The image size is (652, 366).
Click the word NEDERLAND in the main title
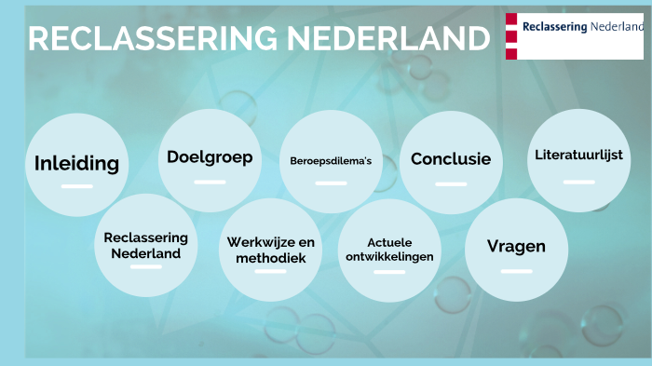coord(387,39)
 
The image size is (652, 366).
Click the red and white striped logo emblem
coord(511,35)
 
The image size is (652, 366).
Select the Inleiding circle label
coord(76,164)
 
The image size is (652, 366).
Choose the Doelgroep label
coord(210,157)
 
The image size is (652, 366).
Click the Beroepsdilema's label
coord(331,160)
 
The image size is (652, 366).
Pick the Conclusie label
coord(451,159)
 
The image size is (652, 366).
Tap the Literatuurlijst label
coord(578,155)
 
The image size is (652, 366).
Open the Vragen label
coord(516,247)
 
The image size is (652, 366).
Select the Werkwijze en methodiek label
coord(271,250)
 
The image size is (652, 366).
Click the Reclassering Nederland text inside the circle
coord(146,245)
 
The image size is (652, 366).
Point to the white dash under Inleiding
coord(76,186)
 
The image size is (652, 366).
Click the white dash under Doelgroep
coord(210,182)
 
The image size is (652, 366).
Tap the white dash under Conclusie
coord(451,183)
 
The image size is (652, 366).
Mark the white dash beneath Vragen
coord(516,271)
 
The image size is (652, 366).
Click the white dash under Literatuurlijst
coord(578,182)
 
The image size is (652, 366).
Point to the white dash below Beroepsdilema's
coord(331,183)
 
